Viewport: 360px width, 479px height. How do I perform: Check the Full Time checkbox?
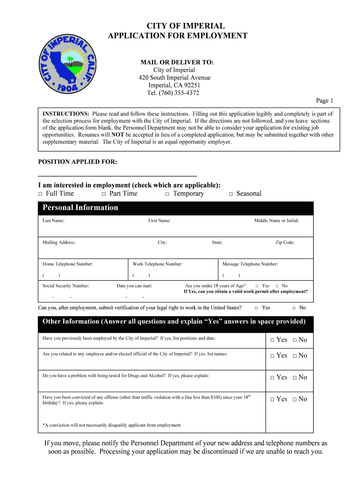41,194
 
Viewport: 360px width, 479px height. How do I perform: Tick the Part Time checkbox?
104,194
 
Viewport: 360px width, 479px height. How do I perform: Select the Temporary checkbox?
167,194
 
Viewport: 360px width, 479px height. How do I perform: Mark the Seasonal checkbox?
231,194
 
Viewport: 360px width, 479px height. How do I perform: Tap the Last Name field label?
53,221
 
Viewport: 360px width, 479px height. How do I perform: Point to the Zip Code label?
285,242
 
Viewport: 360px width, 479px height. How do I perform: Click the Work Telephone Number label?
157,264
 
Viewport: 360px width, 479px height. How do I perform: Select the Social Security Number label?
65,286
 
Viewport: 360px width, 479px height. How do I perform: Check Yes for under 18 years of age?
257,286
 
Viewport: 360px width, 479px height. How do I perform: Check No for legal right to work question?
294,308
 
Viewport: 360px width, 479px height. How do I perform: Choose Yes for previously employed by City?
272,340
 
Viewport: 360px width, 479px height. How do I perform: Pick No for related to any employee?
295,356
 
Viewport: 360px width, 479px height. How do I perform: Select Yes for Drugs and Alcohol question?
272,377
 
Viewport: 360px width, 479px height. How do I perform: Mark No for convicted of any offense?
295,399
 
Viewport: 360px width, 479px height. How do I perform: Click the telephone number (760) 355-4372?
173,93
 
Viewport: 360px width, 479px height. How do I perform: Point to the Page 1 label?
324,101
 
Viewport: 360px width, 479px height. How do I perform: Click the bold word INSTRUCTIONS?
66,114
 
